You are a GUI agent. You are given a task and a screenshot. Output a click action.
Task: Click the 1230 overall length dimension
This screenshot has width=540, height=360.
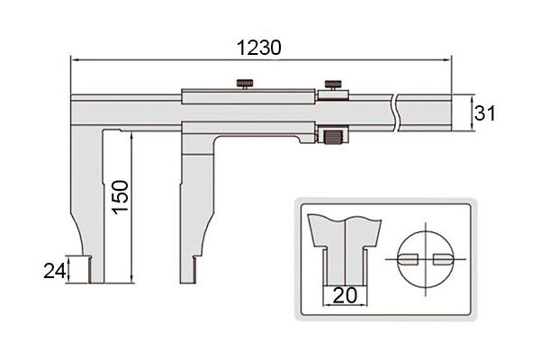click(x=259, y=48)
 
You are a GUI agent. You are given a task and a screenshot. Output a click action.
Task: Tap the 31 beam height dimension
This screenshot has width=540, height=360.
click(x=485, y=113)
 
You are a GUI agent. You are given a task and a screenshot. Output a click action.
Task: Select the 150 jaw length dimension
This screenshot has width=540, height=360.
click(x=121, y=197)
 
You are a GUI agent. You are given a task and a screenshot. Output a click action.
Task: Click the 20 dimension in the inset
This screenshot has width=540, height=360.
click(x=346, y=295)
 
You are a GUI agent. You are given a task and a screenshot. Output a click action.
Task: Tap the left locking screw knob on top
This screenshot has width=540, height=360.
click(x=245, y=84)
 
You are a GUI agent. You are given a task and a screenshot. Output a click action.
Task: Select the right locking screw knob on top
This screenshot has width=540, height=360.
click(x=333, y=85)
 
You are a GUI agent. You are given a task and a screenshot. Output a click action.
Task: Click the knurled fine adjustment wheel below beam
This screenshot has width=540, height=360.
click(x=333, y=135)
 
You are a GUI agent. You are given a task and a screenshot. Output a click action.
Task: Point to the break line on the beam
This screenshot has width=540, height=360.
click(x=395, y=112)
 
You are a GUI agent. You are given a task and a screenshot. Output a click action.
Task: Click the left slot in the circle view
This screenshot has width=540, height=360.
click(x=408, y=259)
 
